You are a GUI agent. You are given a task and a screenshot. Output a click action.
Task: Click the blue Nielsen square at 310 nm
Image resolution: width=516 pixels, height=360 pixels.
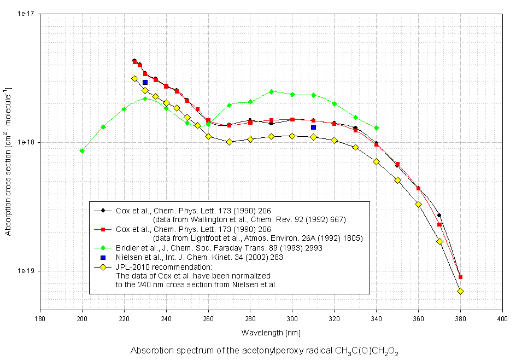click(313, 127)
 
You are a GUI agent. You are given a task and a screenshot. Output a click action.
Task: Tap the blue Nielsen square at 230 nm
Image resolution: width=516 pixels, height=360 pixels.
click(145, 83)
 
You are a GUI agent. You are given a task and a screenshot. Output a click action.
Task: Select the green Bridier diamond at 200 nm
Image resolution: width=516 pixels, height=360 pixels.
click(82, 151)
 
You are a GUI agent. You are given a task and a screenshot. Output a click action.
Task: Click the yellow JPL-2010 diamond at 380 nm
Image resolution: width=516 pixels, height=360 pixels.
click(460, 291)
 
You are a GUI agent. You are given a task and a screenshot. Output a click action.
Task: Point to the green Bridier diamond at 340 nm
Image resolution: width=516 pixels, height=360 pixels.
click(376, 128)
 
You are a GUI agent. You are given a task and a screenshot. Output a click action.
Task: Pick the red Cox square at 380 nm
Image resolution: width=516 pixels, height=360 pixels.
click(460, 277)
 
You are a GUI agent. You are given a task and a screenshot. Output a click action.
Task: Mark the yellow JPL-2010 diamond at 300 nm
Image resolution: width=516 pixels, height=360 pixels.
click(292, 136)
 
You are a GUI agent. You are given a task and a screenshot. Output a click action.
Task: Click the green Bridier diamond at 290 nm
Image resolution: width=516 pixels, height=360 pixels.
click(271, 92)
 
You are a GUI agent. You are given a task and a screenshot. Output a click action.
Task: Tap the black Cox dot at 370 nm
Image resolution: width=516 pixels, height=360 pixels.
click(439, 216)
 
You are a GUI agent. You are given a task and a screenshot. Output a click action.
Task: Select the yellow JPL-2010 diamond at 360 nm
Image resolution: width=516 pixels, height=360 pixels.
click(418, 204)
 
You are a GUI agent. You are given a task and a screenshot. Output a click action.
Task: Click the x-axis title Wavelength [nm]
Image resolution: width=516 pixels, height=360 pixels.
click(271, 333)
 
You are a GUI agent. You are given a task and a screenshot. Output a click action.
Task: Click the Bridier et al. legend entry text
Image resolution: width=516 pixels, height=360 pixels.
click(219, 248)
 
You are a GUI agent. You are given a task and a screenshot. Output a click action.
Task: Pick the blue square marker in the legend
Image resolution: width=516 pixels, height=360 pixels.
click(102, 257)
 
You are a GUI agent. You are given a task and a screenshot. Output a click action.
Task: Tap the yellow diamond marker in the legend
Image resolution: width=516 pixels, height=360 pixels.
click(102, 266)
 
